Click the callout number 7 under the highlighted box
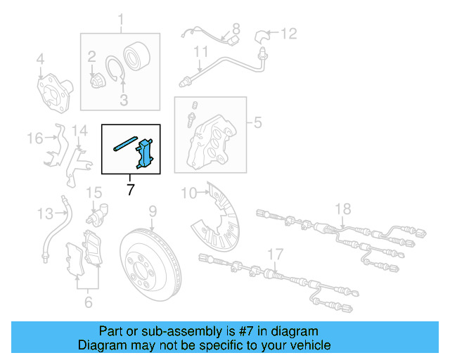pos(131,189)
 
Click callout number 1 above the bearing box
pos(120,19)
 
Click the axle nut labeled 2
pos(98,82)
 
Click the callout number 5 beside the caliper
pos(257,124)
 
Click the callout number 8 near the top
pos(236,29)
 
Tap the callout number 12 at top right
pos(290,33)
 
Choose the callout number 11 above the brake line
pos(201,51)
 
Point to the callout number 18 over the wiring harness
pos(342,208)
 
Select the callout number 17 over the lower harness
pos(275,254)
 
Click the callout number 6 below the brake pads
pos(88,302)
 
